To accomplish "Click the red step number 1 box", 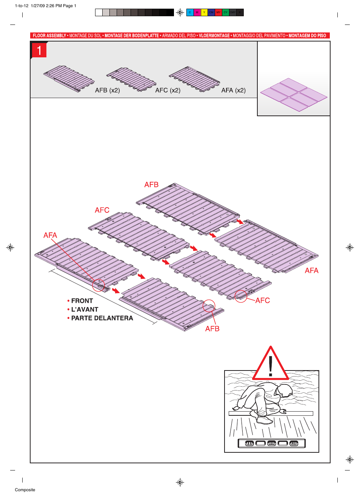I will [x=39, y=50].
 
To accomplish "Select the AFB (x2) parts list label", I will [x=107, y=91].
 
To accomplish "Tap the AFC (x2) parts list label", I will [x=168, y=91].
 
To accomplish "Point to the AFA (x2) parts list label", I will [x=233, y=91].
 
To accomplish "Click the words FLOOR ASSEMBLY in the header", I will [x=49, y=36].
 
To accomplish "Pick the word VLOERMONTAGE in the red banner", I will [x=214, y=36].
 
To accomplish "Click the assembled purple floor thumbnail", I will [x=294, y=95].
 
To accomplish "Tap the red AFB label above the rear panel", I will [x=151, y=185].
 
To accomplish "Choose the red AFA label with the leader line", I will [x=50, y=235].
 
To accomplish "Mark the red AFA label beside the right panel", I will [x=311, y=271].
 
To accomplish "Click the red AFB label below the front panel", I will [x=212, y=329].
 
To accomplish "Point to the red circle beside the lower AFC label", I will [x=241, y=296].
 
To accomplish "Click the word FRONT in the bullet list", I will [x=82, y=301].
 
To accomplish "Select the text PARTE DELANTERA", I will [x=102, y=318].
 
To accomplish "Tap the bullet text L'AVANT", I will [x=85, y=310].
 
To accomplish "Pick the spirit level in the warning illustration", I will [x=271, y=443].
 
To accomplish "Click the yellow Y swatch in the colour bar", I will [x=204, y=12].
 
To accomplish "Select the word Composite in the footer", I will [x=25, y=490].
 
